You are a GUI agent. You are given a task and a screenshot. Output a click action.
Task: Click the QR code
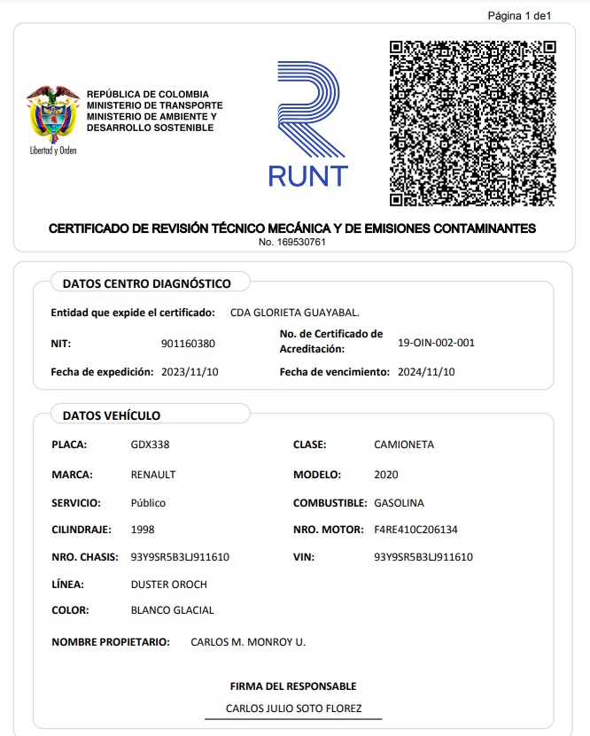click(472, 123)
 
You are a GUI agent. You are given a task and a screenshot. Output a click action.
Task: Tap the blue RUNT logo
click(307, 124)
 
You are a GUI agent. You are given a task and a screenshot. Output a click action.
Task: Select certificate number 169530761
click(292, 242)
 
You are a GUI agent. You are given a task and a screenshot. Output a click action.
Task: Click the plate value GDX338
click(150, 445)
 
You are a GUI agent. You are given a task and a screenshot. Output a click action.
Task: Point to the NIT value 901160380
click(188, 344)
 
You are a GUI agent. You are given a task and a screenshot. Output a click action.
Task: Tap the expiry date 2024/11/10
click(427, 372)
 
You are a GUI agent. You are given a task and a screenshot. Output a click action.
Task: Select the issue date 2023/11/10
click(190, 372)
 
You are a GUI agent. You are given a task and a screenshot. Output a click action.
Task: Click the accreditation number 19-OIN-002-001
click(437, 343)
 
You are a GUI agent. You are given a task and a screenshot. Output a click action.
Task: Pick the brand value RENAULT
click(153, 474)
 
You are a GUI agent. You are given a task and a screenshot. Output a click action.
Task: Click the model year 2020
click(387, 474)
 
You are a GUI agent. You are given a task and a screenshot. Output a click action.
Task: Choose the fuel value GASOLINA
click(399, 503)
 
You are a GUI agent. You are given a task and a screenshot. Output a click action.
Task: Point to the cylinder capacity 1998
click(143, 530)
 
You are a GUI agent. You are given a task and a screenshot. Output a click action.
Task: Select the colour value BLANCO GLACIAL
click(172, 610)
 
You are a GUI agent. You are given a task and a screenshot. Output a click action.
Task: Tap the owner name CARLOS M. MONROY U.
click(248, 642)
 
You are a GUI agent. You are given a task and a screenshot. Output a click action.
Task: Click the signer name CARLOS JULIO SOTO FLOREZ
click(292, 709)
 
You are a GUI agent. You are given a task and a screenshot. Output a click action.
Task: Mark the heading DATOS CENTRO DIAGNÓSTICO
click(147, 283)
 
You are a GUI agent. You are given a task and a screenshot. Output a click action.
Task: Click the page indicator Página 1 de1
click(520, 15)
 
